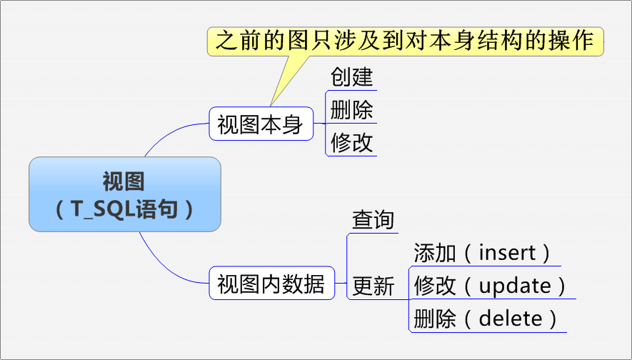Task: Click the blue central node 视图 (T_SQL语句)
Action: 125,194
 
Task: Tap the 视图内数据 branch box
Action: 271,284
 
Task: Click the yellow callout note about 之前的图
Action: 405,41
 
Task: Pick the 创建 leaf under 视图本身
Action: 351,76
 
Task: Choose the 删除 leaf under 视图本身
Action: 351,110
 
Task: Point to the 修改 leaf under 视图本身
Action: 351,142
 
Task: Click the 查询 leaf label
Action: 373,219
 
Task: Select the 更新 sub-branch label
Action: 373,286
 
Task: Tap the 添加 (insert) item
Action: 483,252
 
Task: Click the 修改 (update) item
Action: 491,286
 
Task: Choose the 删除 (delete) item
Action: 486,319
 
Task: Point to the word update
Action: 515,286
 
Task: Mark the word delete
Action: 510,319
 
